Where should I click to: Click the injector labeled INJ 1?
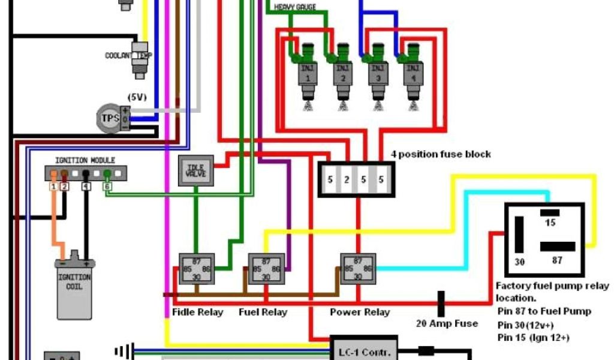point(308,75)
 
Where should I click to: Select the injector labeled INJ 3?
point(377,75)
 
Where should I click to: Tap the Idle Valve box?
point(196,170)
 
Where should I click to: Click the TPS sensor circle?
point(110,118)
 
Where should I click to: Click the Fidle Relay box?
point(196,268)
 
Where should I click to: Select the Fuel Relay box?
point(266,268)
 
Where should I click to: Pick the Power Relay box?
point(358,268)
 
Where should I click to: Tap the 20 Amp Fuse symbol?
point(441,304)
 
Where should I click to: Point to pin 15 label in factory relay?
point(550,223)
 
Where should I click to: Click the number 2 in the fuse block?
point(347,179)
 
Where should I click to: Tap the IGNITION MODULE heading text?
point(85,160)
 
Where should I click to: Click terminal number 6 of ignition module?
point(107,187)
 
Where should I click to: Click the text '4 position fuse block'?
point(441,154)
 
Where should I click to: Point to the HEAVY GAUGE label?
point(295,7)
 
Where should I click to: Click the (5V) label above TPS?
point(136,97)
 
